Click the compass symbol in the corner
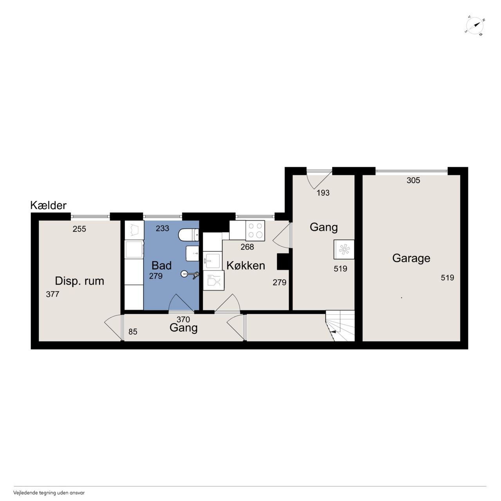[x=474, y=26]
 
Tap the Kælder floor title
[x=49, y=205]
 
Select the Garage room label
[x=411, y=258]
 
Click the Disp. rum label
[x=79, y=281]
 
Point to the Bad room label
[x=161, y=265]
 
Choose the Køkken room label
[x=246, y=265]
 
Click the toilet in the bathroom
[x=189, y=234]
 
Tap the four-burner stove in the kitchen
[x=255, y=231]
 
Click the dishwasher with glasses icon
[x=213, y=280]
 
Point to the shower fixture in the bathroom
[x=190, y=274]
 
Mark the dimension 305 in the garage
[x=413, y=180]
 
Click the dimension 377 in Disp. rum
[x=52, y=294]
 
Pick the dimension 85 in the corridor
[x=133, y=332]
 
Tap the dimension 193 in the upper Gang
[x=323, y=193]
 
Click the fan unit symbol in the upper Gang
[x=344, y=249]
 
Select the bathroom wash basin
[x=193, y=253]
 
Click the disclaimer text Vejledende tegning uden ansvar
[x=49, y=493]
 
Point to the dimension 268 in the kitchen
[x=247, y=247]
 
